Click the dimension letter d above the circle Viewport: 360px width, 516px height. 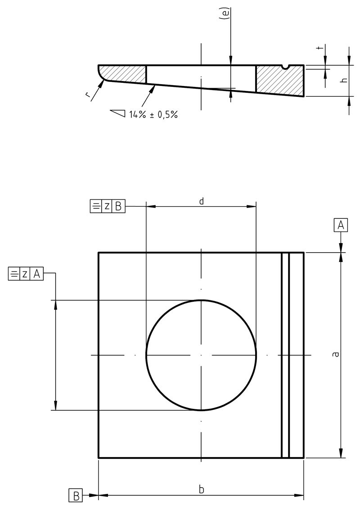click(201, 201)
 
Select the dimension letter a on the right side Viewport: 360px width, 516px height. click(335, 355)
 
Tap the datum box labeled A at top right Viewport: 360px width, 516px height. click(341, 225)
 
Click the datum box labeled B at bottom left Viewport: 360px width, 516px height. click(76, 496)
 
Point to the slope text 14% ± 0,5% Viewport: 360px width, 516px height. click(153, 114)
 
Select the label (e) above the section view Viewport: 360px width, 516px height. click(227, 14)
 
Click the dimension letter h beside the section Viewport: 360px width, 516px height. click(343, 80)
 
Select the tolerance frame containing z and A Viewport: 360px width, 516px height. click(26, 274)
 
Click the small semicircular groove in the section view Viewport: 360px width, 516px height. click(285, 67)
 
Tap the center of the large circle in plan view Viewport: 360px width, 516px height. click(201, 355)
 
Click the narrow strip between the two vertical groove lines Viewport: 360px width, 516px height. click(285, 355)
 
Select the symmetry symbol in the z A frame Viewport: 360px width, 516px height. click(14, 274)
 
